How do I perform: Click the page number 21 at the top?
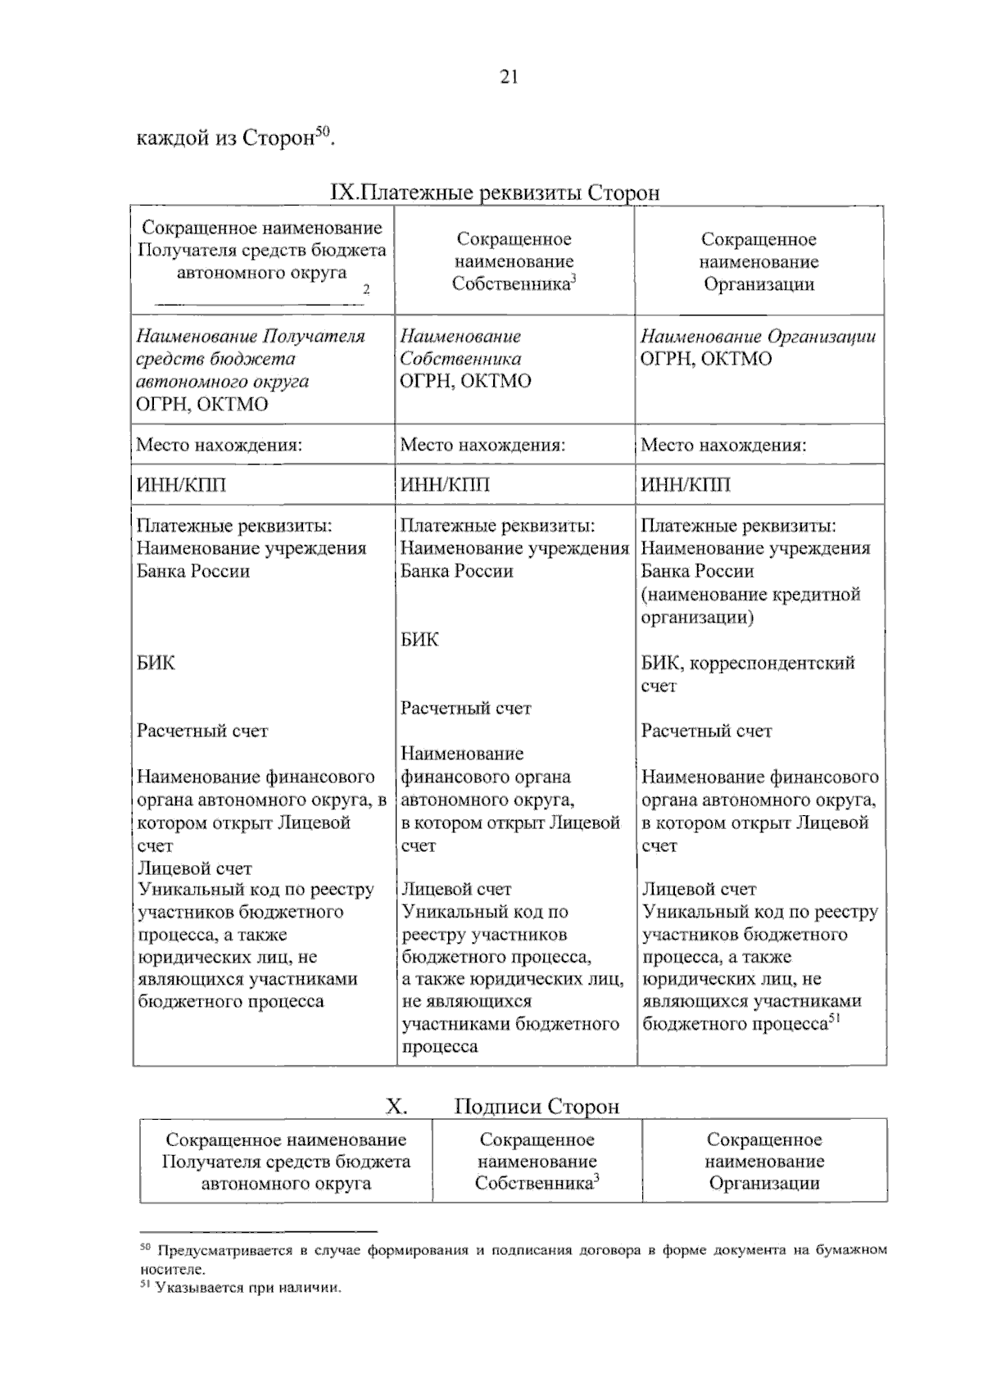click(x=508, y=77)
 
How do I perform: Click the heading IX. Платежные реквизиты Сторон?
click(x=494, y=193)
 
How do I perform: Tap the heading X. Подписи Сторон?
click(x=502, y=1107)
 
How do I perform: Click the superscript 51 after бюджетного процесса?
click(x=835, y=1019)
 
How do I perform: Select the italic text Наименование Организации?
click(x=758, y=337)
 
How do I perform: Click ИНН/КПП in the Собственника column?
click(x=445, y=485)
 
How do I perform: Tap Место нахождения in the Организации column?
click(x=723, y=445)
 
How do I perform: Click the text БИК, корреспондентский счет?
click(x=747, y=673)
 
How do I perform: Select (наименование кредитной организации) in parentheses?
click(x=750, y=605)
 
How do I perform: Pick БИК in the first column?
click(x=156, y=663)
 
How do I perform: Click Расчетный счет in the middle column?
click(x=465, y=709)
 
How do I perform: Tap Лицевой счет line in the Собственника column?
click(x=455, y=890)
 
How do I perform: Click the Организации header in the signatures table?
click(x=763, y=1162)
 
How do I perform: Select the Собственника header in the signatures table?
click(x=537, y=1162)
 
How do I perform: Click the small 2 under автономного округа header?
click(x=366, y=289)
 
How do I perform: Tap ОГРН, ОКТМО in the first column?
click(x=202, y=405)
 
